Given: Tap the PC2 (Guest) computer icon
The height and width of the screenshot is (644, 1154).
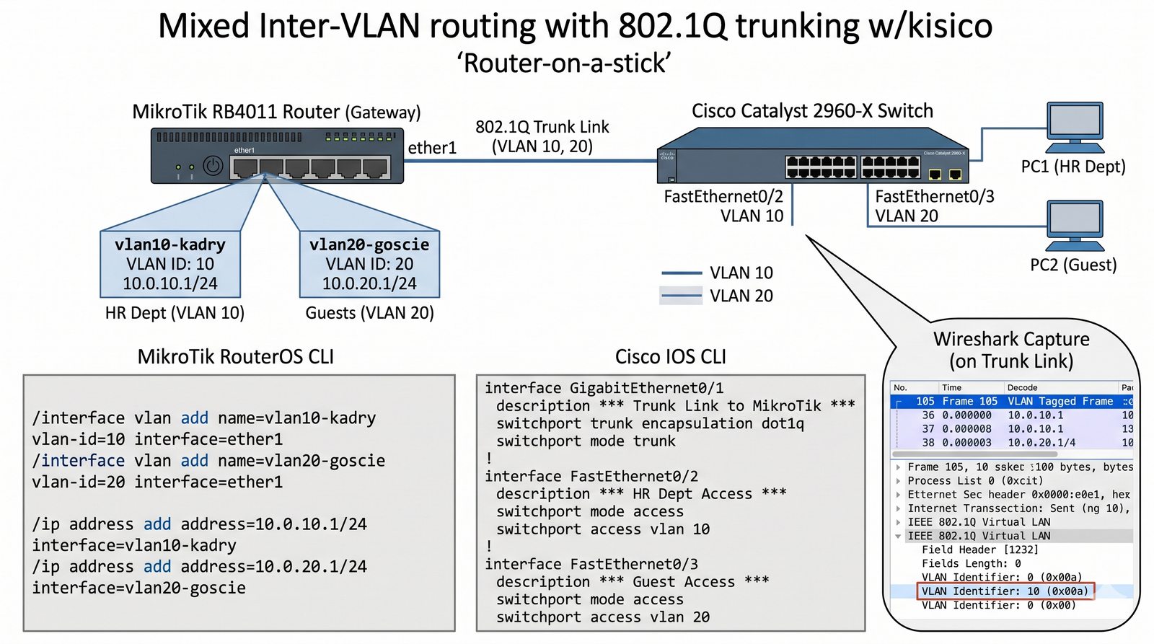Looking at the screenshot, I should point(1075,224).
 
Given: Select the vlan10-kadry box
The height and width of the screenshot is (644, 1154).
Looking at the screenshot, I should point(170,264).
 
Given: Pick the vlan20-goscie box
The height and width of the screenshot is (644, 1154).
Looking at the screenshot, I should point(369,264).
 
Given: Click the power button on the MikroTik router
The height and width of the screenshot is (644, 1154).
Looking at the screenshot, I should point(212,166).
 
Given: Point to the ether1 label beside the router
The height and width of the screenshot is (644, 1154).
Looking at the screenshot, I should point(432,148).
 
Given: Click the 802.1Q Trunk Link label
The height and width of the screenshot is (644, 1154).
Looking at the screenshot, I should point(542,136).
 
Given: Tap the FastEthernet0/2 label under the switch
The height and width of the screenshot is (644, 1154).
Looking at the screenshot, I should point(723,197).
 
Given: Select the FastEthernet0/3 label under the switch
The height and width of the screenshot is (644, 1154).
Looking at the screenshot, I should point(934,197).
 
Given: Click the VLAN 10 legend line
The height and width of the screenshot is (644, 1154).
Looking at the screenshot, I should point(682,273).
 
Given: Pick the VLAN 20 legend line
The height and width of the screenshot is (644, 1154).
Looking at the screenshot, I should point(682,296).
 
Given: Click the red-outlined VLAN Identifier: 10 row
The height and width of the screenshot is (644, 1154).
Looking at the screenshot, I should point(1005,591).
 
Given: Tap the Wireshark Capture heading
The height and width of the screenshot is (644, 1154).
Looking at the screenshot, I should point(1011,350).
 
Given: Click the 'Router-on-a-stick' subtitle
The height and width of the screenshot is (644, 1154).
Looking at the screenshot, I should point(564,63).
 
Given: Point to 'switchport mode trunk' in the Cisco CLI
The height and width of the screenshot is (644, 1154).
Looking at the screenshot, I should point(586,441).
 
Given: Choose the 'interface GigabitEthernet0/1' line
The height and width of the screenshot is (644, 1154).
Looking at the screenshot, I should point(604,388).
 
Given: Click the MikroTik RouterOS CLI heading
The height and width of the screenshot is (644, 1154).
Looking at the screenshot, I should point(236,357).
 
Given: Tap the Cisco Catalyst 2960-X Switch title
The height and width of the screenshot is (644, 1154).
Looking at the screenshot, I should point(812,111).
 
